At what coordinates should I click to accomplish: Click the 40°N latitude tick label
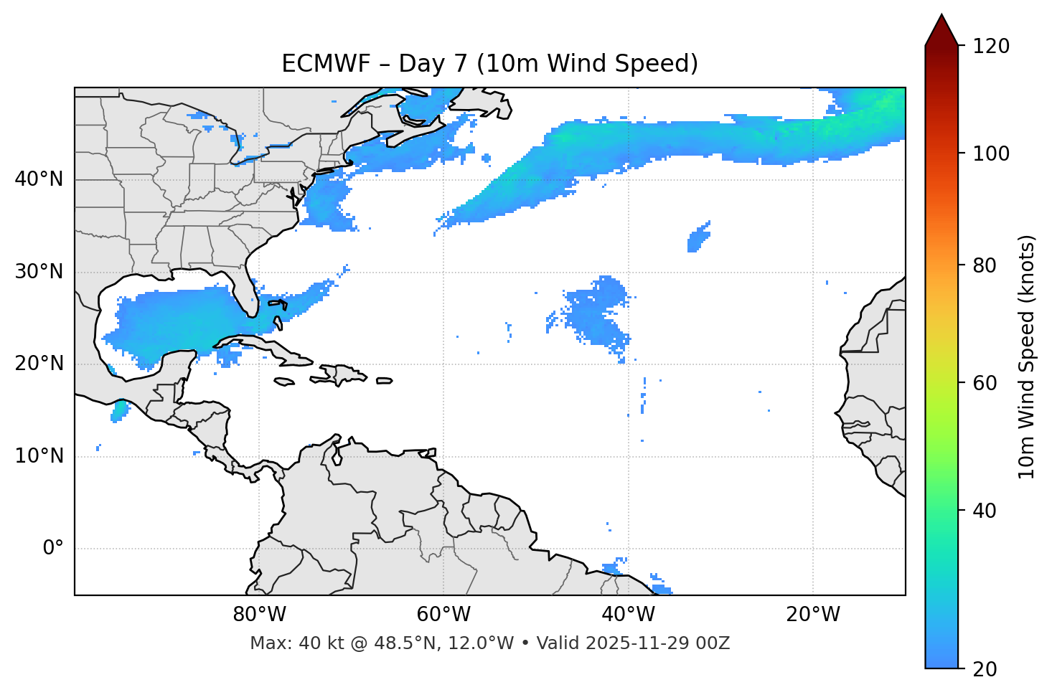coord(39,179)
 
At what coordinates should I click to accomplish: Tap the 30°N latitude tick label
coord(39,272)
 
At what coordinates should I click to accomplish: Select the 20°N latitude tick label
coord(39,364)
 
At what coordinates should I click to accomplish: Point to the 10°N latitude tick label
coord(39,456)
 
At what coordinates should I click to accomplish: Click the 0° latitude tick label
coord(53,549)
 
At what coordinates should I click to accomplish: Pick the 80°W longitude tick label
coord(259,615)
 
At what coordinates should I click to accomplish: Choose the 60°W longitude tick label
coord(443,615)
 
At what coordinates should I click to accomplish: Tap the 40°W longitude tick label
coord(628,615)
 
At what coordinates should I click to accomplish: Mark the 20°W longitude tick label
coord(812,615)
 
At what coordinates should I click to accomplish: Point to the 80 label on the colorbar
coord(985,265)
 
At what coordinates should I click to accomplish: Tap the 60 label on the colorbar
coord(985,383)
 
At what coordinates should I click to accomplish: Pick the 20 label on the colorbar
coord(985,669)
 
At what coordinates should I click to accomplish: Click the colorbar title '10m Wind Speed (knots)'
coord(1027,357)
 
